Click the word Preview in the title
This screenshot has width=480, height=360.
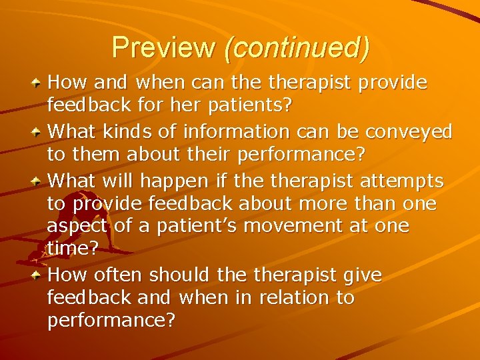click(x=163, y=47)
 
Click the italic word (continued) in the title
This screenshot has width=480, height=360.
click(x=297, y=48)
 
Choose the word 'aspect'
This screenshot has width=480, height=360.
click(x=77, y=227)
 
